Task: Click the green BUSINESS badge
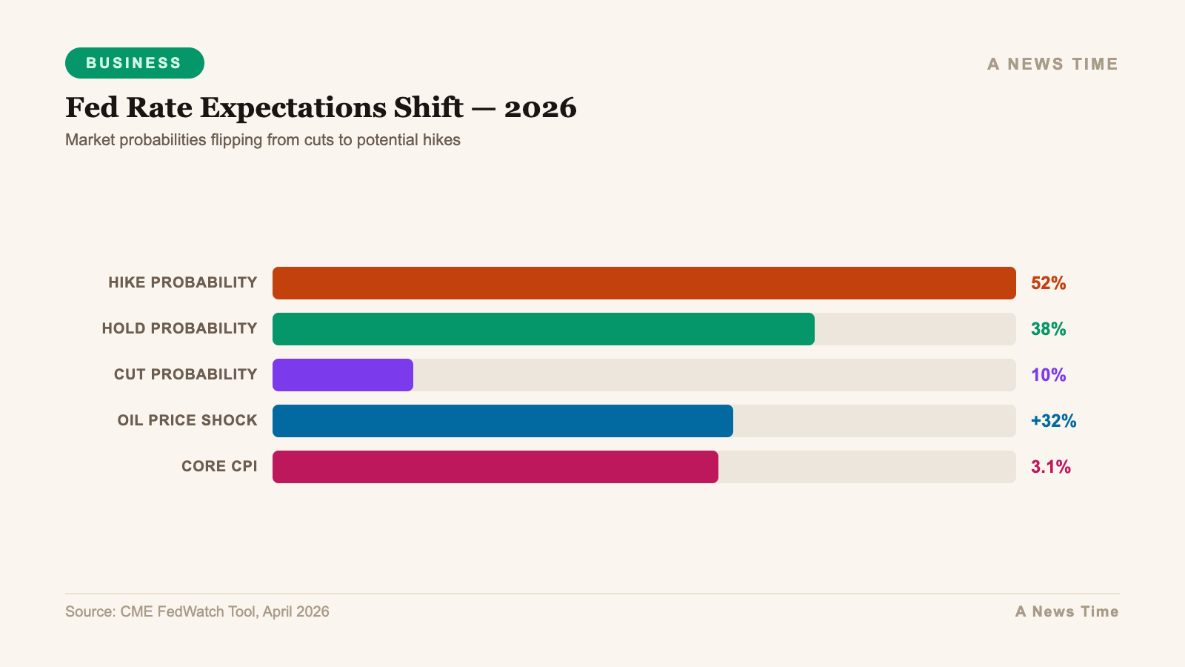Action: (134, 63)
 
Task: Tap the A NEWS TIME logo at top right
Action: (1052, 64)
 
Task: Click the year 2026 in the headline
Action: (540, 108)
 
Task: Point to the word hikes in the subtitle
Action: (441, 140)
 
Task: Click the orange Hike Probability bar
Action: (644, 283)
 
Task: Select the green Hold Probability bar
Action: (543, 329)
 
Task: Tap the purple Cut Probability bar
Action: (342, 375)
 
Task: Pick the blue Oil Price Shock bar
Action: (502, 421)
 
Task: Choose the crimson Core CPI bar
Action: (495, 467)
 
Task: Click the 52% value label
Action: (1048, 283)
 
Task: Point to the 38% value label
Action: (1048, 329)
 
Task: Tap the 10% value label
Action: (1048, 375)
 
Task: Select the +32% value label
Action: (1053, 421)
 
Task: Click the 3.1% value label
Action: (1050, 467)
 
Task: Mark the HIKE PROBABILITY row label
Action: (182, 282)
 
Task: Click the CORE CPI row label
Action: (219, 466)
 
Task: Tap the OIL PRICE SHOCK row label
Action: (187, 420)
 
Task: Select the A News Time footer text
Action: (1066, 612)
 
